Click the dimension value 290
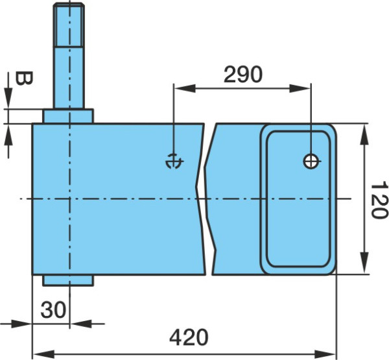click(x=242, y=74)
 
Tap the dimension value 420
click(x=189, y=337)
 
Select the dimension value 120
click(x=379, y=199)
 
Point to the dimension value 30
click(x=53, y=309)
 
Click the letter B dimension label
click(x=24, y=78)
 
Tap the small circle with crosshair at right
click(x=311, y=161)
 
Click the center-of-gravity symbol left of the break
click(x=174, y=161)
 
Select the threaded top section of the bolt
click(x=69, y=25)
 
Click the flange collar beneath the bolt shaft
click(x=68, y=116)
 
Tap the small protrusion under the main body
click(x=68, y=280)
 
